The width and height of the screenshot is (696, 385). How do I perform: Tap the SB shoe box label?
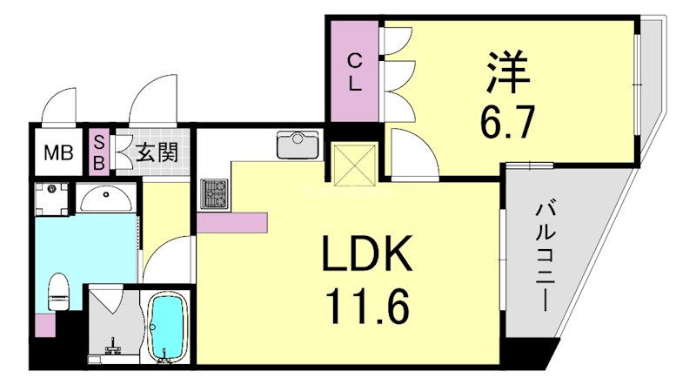click(x=99, y=152)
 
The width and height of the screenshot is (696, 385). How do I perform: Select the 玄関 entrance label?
click(x=157, y=153)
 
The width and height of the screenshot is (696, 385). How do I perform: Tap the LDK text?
click(x=365, y=257)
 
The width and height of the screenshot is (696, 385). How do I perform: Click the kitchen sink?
click(x=298, y=144)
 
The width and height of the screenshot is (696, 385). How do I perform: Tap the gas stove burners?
click(x=214, y=193)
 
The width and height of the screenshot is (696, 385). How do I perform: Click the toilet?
click(x=58, y=291)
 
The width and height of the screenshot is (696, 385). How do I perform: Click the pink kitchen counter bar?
click(x=231, y=222)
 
